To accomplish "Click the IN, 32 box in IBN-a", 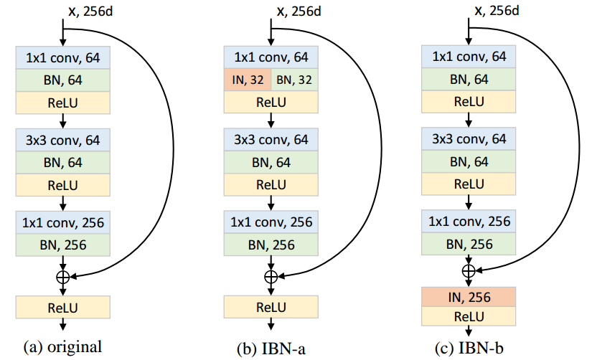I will pyautogui.click(x=248, y=80).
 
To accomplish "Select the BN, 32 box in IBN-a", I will pyautogui.click(x=294, y=80).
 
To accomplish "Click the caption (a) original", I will pyautogui.click(x=62, y=347).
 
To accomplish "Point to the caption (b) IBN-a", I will pyautogui.click(x=271, y=349).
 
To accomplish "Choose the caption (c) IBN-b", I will pyautogui.click(x=470, y=349).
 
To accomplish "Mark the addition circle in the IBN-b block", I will pyautogui.click(x=468, y=270).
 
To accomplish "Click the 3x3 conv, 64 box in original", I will pyautogui.click(x=63, y=140).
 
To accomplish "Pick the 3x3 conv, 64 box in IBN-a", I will pyautogui.click(x=271, y=140).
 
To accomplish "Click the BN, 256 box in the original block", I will pyautogui.click(x=63, y=245).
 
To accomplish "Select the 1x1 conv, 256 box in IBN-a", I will pyautogui.click(x=271, y=222).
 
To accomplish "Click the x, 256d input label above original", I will pyautogui.click(x=88, y=11).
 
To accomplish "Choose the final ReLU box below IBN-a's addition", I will pyautogui.click(x=271, y=307).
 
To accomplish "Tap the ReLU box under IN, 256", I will pyautogui.click(x=470, y=317).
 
